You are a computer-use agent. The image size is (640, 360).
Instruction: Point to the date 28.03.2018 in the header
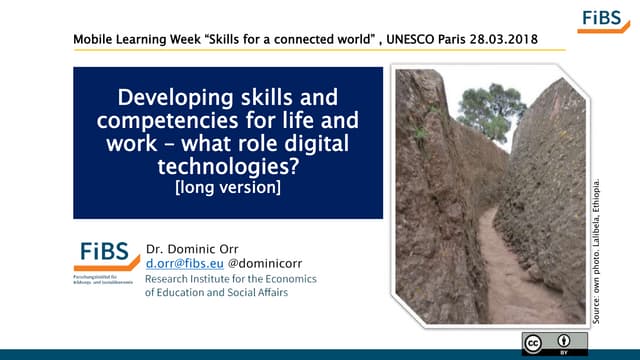[500, 39]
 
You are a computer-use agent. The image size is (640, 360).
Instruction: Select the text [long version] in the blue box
[228, 186]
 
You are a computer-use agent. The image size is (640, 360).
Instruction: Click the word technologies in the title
[228, 165]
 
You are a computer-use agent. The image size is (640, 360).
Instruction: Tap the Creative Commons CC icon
[536, 343]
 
